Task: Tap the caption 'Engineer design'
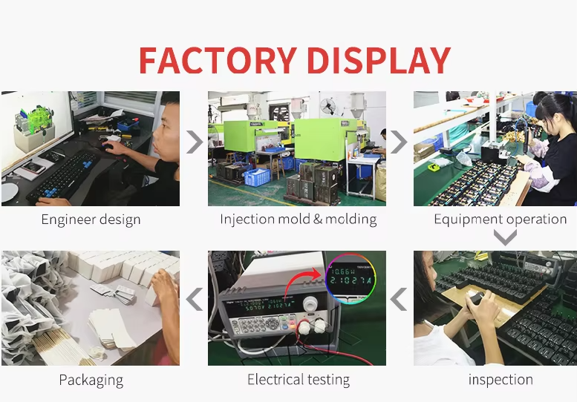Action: point(91,220)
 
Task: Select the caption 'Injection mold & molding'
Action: point(298,220)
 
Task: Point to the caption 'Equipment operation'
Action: point(500,220)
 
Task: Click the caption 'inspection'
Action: point(500,380)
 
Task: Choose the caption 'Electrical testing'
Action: point(298,380)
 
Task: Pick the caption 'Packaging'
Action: point(91,380)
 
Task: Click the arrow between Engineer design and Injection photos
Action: point(194,141)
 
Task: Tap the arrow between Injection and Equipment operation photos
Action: point(399,141)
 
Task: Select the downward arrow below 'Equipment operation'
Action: point(505,237)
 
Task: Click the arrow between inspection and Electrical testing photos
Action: point(399,300)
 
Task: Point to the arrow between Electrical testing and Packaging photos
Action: point(194,300)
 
